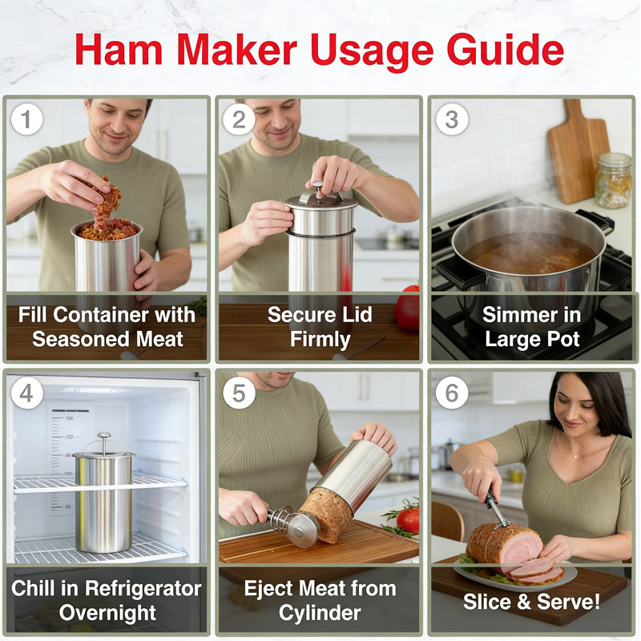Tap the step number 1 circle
pyautogui.click(x=26, y=119)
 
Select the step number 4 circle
pyautogui.click(x=26, y=392)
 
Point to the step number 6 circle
pyautogui.click(x=452, y=392)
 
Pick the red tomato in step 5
pyautogui.click(x=408, y=519)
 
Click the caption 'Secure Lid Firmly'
pyautogui.click(x=320, y=326)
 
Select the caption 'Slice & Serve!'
pyautogui.click(x=531, y=601)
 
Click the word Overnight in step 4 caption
pyautogui.click(x=106, y=613)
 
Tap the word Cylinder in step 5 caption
pyautogui.click(x=320, y=613)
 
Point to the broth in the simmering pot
pyautogui.click(x=529, y=252)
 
